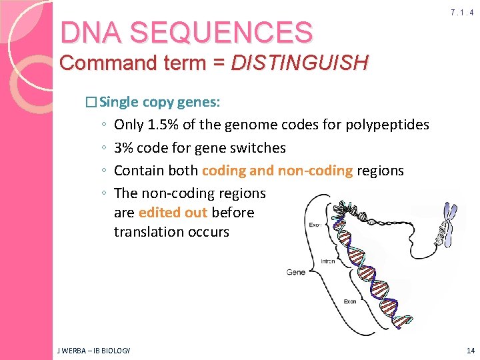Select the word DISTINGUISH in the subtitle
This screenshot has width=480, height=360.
[x=299, y=63]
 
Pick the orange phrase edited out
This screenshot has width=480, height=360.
[x=173, y=213]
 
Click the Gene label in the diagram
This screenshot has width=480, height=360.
[x=295, y=272]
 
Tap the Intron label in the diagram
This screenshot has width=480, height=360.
[x=328, y=262]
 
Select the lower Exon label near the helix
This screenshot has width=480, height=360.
[x=349, y=301]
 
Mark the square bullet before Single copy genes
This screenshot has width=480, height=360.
[x=91, y=103]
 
